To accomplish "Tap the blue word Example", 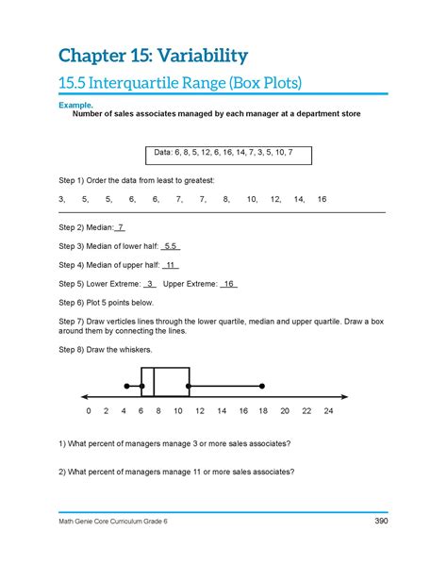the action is (x=77, y=106).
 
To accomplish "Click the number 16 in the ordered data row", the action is (x=322, y=200).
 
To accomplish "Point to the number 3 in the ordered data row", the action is (x=61, y=200).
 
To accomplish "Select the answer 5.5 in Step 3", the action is (x=171, y=246).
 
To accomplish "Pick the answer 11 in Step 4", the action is (x=171, y=265).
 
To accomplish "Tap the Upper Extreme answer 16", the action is (x=229, y=283).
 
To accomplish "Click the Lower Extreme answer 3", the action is (x=150, y=283).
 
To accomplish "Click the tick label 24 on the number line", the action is (x=328, y=412).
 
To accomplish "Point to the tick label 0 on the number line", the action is (x=88, y=412).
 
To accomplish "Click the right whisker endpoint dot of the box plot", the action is (x=262, y=386).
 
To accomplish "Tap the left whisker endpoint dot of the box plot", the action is (x=126, y=386).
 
